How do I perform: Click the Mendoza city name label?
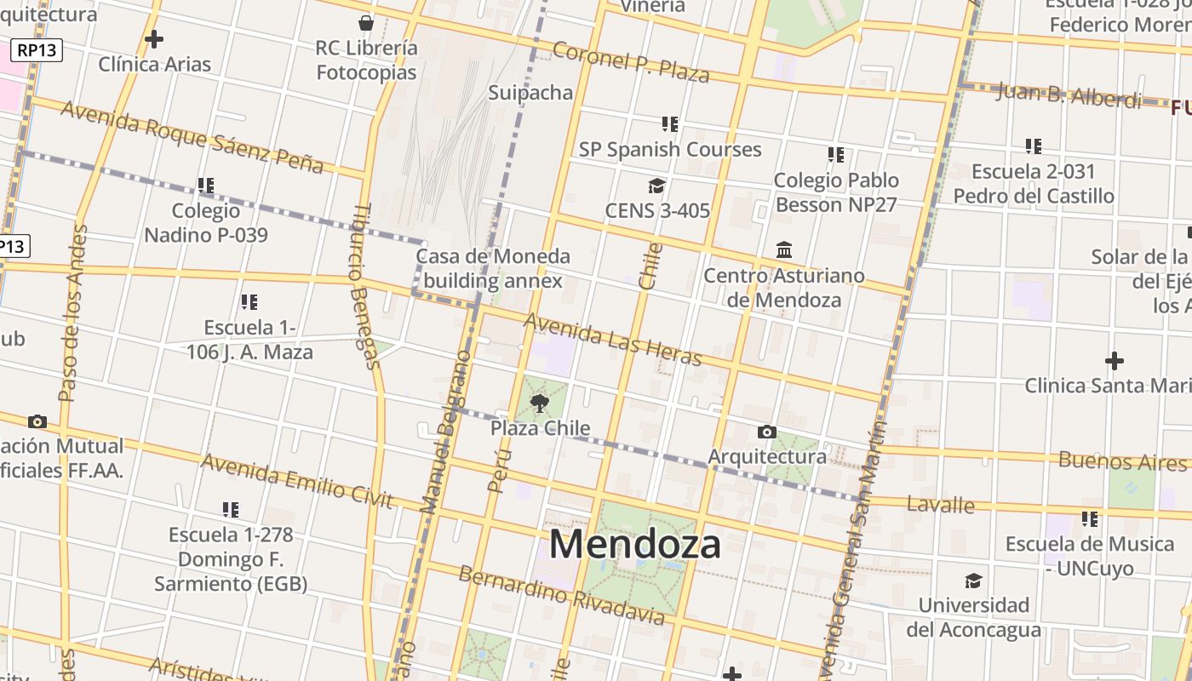635,545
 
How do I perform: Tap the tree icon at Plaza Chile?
539,403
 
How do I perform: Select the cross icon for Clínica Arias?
154,39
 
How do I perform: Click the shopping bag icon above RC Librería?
366,22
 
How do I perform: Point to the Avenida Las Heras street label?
612,339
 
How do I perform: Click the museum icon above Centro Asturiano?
784,250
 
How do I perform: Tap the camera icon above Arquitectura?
766,432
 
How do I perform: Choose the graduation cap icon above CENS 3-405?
656,186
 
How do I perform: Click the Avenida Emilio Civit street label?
297,482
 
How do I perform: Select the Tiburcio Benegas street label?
364,287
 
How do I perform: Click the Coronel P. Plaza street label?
631,61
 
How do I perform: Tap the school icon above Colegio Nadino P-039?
206,185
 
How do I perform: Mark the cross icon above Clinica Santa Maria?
1114,361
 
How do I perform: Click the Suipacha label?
530,92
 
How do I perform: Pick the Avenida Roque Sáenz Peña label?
192,136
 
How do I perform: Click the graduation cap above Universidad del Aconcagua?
972,581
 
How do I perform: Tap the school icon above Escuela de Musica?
1090,518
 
